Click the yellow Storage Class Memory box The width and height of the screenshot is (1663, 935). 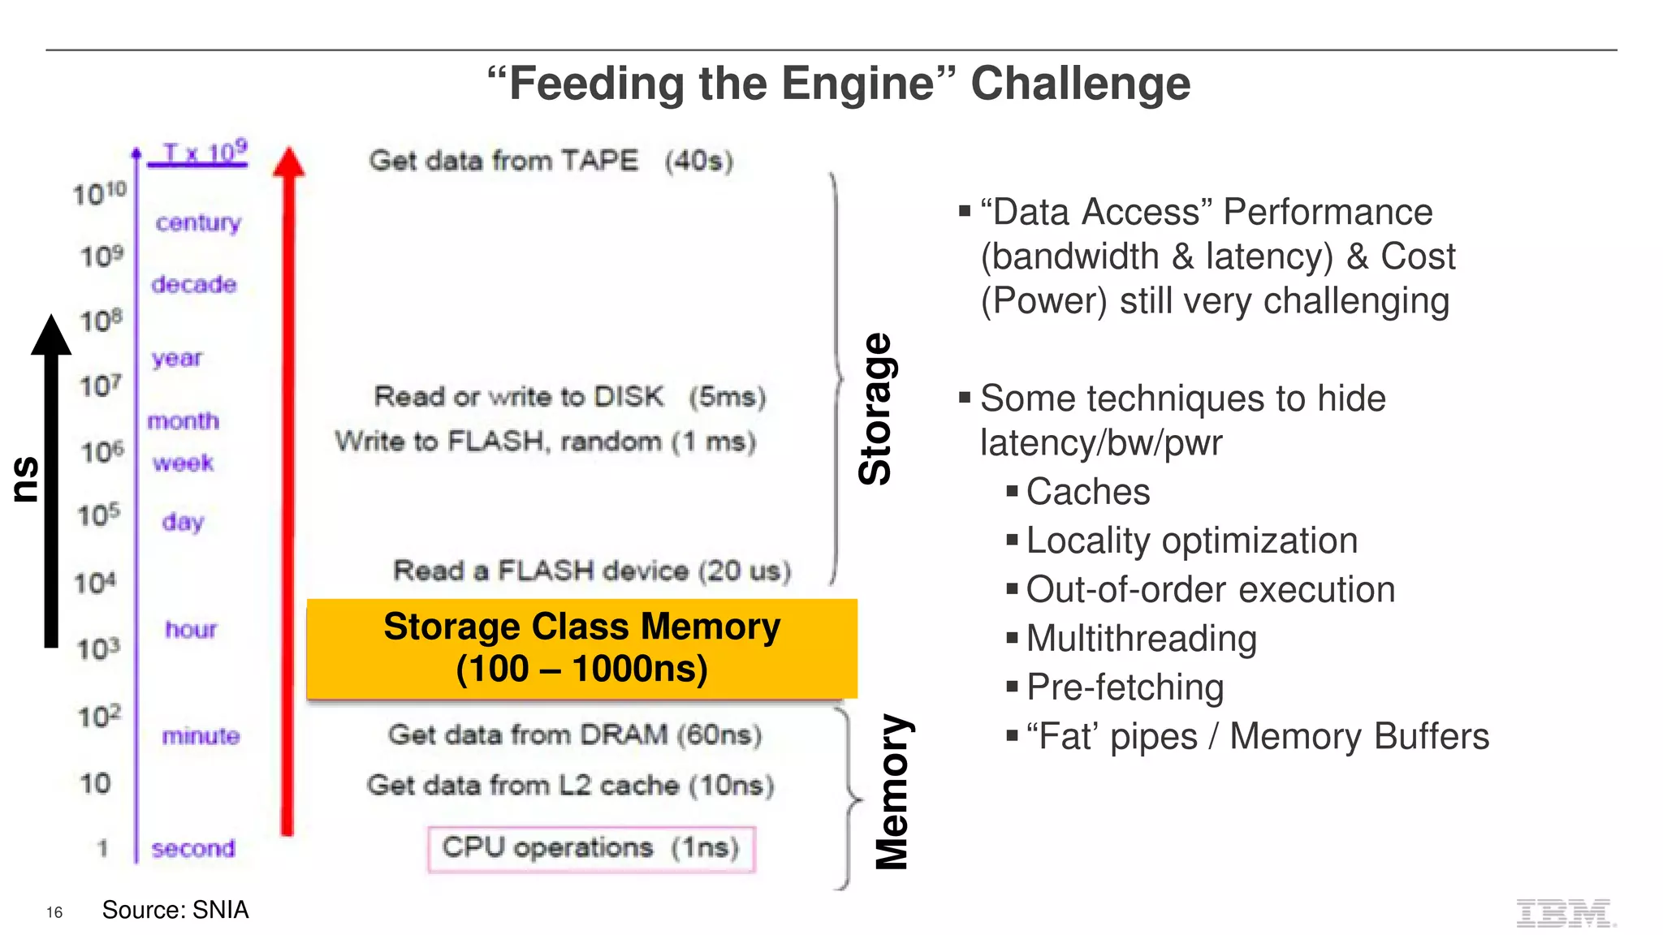(x=581, y=648)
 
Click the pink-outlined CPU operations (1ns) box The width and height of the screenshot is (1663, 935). (x=591, y=848)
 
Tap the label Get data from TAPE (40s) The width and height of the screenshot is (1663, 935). (x=551, y=161)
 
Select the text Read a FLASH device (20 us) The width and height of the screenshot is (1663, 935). (x=592, y=571)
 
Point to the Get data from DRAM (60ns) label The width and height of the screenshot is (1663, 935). (x=575, y=735)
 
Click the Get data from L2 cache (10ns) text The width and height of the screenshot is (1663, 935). (x=570, y=785)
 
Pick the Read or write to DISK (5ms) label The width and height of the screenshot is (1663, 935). (x=570, y=397)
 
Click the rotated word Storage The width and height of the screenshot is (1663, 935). (x=875, y=409)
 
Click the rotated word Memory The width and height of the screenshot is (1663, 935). (x=892, y=791)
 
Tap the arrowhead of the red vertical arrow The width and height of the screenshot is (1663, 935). (x=288, y=162)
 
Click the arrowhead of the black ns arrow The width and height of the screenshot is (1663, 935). (x=51, y=335)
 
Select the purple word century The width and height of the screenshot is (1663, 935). (x=198, y=222)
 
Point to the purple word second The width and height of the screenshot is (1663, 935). (x=193, y=848)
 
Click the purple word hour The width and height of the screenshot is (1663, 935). (x=191, y=629)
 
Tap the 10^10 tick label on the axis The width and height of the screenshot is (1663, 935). (x=100, y=194)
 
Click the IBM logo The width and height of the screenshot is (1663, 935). (x=1565, y=913)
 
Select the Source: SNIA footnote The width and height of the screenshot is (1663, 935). (x=175, y=910)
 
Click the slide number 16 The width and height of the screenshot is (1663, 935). (x=54, y=912)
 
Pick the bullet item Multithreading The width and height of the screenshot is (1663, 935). (x=1141, y=639)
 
